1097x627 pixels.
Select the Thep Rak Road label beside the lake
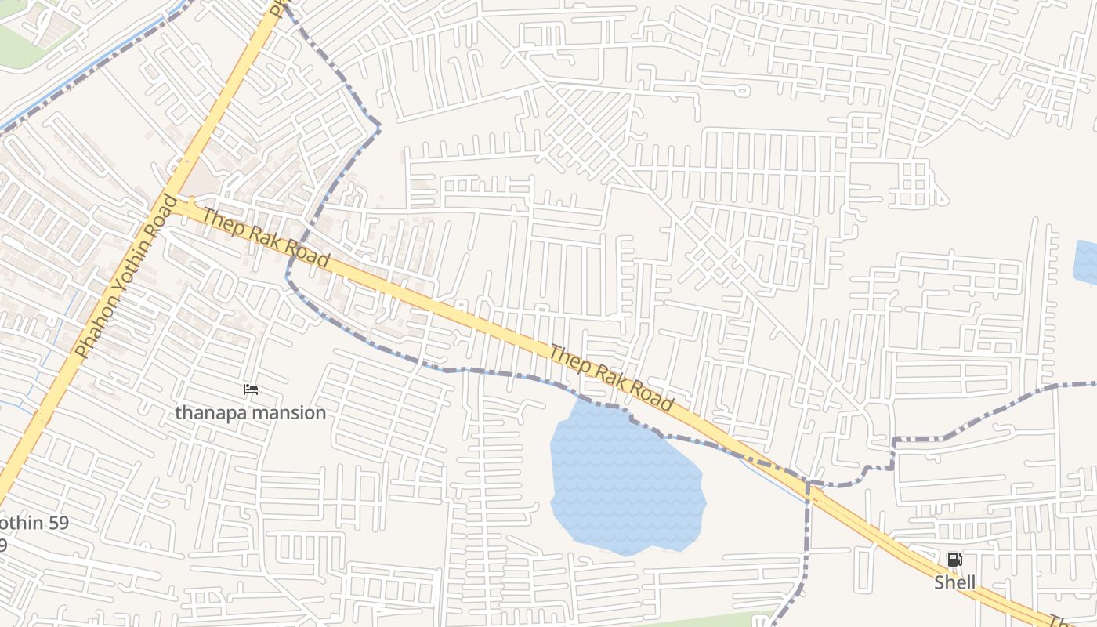pyautogui.click(x=610, y=378)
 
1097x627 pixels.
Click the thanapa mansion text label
pyautogui.click(x=250, y=412)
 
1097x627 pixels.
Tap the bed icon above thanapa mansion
pyautogui.click(x=250, y=390)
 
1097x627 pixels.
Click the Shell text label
pyautogui.click(x=954, y=582)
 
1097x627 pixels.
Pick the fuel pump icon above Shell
pyautogui.click(x=954, y=560)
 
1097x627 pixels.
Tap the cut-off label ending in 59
pyautogui.click(x=34, y=523)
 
